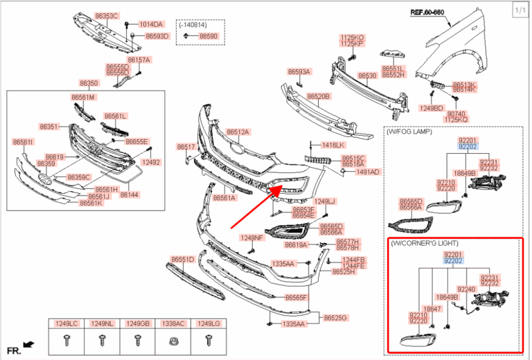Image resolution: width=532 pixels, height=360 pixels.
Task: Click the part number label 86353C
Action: click(x=107, y=15)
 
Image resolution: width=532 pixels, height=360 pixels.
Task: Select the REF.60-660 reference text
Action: click(x=427, y=12)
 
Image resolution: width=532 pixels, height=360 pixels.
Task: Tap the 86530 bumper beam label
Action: click(x=366, y=75)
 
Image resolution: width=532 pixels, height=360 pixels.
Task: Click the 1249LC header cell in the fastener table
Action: click(x=67, y=323)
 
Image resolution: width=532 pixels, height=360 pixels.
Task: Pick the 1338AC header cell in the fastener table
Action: click(x=172, y=323)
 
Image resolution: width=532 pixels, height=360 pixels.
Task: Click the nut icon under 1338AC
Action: click(x=172, y=340)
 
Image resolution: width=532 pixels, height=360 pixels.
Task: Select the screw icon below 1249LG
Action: click(x=208, y=340)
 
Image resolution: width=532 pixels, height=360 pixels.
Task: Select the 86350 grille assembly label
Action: click(x=89, y=83)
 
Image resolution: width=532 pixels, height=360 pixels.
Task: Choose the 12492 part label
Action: click(x=150, y=162)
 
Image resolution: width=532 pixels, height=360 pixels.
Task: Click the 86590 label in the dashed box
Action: click(x=208, y=35)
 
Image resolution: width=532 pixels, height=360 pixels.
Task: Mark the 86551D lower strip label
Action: click(x=182, y=259)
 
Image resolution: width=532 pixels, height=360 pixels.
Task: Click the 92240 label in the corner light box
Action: click(x=466, y=289)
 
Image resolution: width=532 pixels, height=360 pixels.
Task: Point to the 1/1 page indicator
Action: click(x=520, y=9)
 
